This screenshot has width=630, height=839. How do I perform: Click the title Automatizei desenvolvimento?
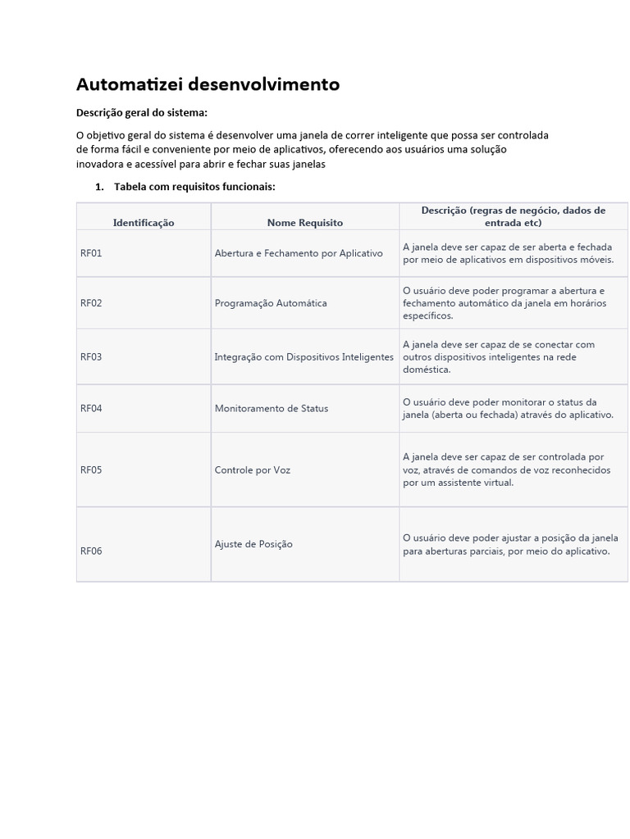[208, 84]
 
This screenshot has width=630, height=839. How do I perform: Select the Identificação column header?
[144, 222]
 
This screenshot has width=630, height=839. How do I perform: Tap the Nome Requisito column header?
[305, 222]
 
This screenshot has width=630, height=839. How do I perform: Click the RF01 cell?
[91, 253]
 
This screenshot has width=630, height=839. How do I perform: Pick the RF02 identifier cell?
[91, 303]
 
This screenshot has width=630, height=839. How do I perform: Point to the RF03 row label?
[91, 357]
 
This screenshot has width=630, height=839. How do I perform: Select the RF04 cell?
[91, 408]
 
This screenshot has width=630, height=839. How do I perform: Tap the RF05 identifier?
[91, 470]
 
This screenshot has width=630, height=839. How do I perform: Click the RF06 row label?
[91, 551]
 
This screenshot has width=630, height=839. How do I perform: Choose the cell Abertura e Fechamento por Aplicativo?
[299, 253]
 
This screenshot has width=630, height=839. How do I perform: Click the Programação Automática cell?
[271, 303]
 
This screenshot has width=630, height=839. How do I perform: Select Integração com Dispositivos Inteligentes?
[304, 357]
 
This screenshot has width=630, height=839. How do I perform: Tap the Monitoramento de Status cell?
[272, 408]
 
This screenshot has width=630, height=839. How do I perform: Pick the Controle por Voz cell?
[253, 470]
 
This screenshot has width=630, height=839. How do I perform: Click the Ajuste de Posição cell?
[253, 544]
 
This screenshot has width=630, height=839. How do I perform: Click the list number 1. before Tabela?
[99, 187]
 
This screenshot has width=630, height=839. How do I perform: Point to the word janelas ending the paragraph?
[308, 164]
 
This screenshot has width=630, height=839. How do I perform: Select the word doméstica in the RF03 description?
[427, 370]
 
